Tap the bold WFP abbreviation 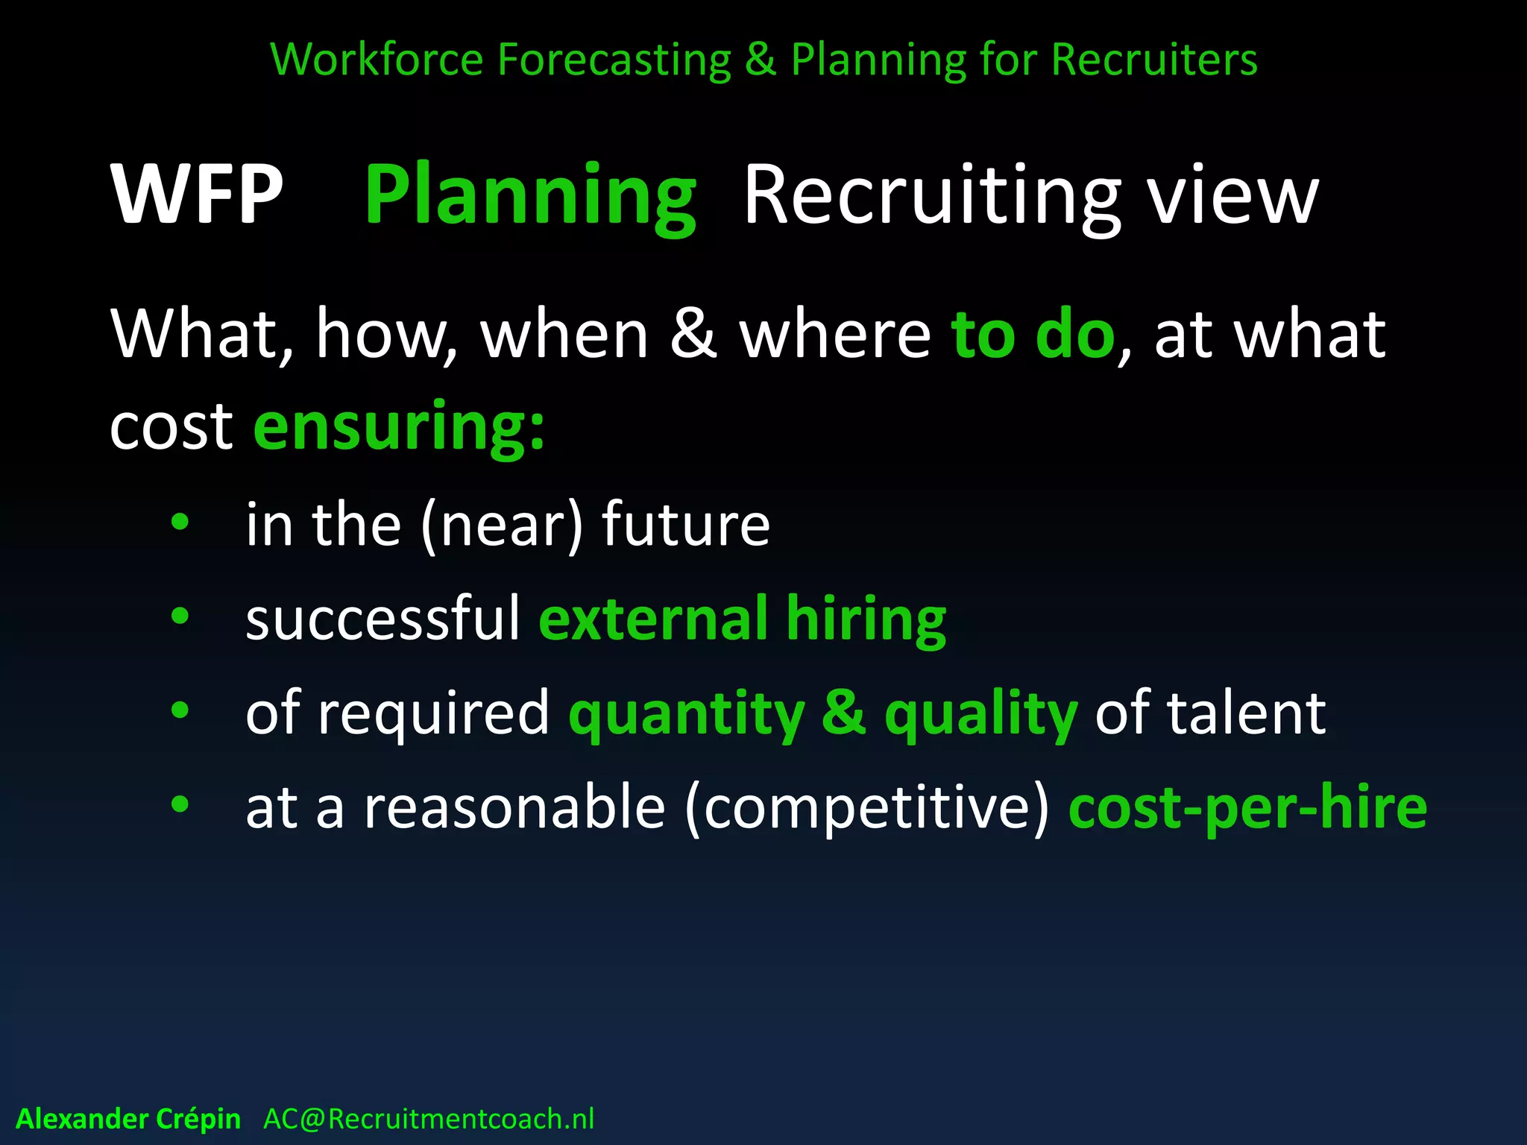[x=197, y=195]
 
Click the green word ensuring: [x=400, y=426]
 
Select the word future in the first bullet [x=685, y=525]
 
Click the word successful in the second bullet [x=382, y=619]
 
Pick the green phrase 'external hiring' [x=742, y=619]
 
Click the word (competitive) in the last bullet [x=866, y=808]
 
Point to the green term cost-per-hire [x=1247, y=808]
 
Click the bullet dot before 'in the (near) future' [x=180, y=523]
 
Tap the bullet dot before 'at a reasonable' [x=180, y=804]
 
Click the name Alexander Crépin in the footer [x=128, y=1119]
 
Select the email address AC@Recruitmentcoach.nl [x=429, y=1119]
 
